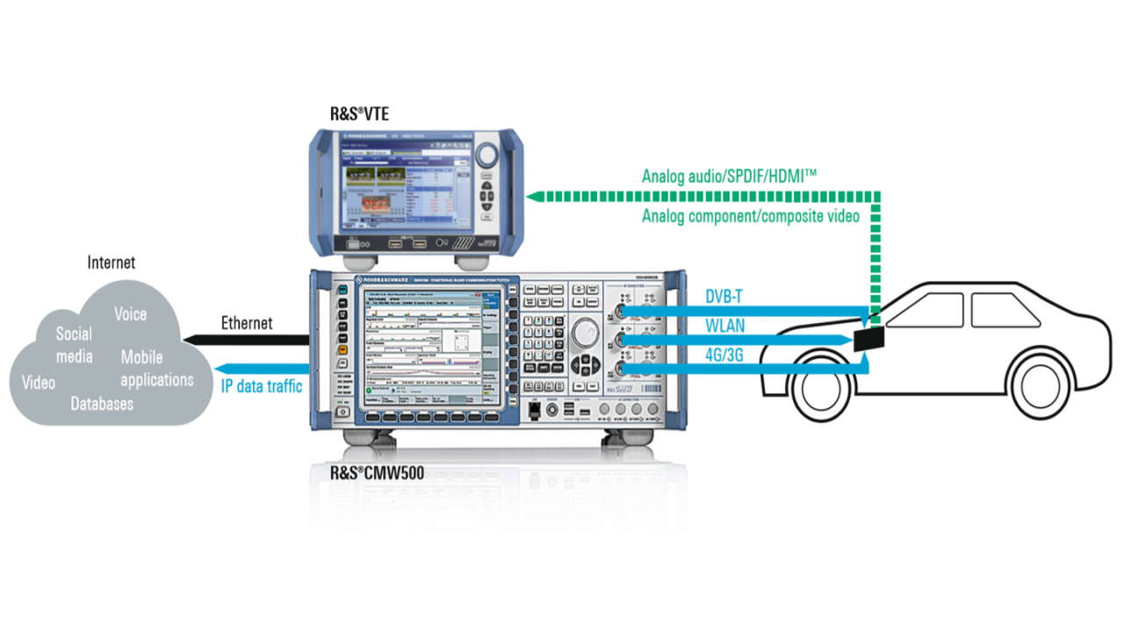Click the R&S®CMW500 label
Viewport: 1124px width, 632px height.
click(x=377, y=473)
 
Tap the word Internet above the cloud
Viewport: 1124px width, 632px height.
click(x=112, y=262)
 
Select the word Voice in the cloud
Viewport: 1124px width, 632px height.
click(x=130, y=314)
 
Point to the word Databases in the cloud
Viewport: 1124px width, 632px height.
click(x=102, y=404)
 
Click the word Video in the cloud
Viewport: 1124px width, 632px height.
click(x=39, y=383)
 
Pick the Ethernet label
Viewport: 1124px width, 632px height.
click(x=247, y=323)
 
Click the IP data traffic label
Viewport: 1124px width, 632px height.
click(x=262, y=385)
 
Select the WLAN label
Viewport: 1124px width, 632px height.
click(x=725, y=327)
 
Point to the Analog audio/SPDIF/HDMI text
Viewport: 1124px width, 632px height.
click(x=729, y=176)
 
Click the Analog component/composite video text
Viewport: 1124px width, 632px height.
click(x=750, y=216)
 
